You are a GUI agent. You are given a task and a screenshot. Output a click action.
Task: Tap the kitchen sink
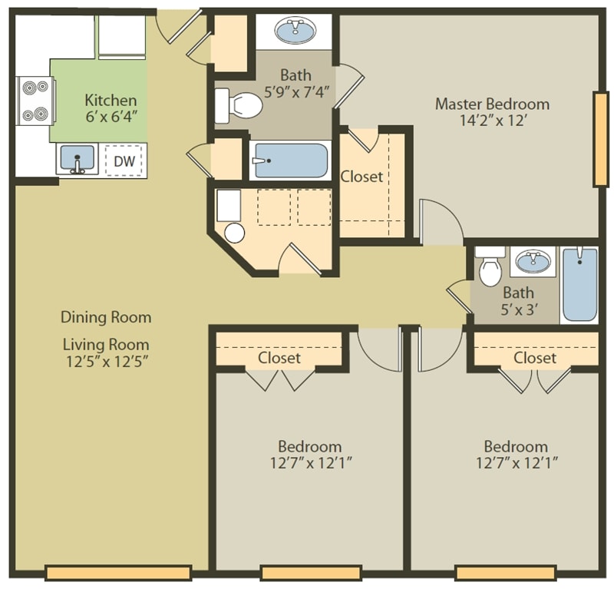pyautogui.click(x=77, y=159)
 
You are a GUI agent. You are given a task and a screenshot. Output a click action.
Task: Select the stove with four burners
pyautogui.click(x=35, y=101)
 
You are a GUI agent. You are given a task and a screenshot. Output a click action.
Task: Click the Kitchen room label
pyautogui.click(x=111, y=101)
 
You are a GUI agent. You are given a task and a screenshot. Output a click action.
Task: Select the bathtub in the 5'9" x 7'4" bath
pyautogui.click(x=291, y=160)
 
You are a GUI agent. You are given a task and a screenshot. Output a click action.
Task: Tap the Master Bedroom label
pyautogui.click(x=492, y=104)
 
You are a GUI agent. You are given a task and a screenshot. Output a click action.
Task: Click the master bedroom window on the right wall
pyautogui.click(x=600, y=139)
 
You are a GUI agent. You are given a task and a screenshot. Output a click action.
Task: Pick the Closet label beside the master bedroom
pyautogui.click(x=361, y=177)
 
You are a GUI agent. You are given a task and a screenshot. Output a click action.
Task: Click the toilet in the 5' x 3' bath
pyautogui.click(x=490, y=269)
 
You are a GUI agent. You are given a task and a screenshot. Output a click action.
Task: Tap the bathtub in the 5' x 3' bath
pyautogui.click(x=579, y=285)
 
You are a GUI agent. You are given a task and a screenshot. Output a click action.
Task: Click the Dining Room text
pyautogui.click(x=106, y=317)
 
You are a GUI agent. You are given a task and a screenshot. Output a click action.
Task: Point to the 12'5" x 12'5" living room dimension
pyautogui.click(x=106, y=361)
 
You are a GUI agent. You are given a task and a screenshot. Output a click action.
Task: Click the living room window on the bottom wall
pyautogui.click(x=118, y=573)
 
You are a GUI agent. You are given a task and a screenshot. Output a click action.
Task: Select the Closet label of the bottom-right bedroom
pyautogui.click(x=535, y=358)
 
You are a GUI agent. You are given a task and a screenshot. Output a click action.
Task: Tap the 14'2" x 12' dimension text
pyautogui.click(x=492, y=121)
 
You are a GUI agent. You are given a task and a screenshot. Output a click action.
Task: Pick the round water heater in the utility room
pyautogui.click(x=234, y=233)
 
